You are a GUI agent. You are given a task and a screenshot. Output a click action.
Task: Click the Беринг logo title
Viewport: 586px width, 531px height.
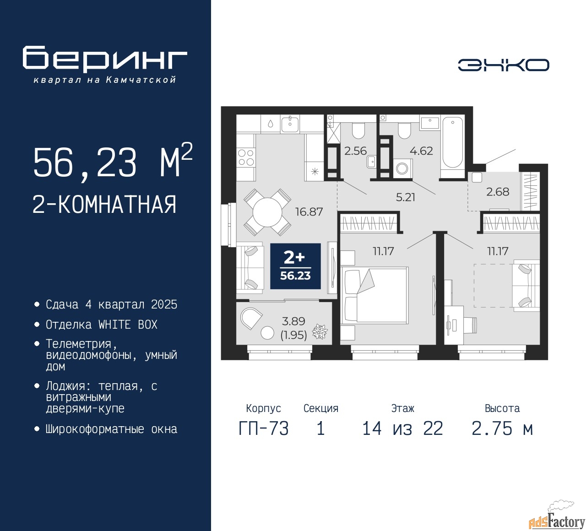tap(104, 59)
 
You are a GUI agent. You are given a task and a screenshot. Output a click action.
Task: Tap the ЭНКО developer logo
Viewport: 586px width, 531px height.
tap(503, 65)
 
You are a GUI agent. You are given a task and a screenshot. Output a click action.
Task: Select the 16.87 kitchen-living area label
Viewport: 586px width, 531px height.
tap(309, 211)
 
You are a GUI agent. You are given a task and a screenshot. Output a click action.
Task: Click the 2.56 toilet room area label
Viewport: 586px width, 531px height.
tap(355, 151)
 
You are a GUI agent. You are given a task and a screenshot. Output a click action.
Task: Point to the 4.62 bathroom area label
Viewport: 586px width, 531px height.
tap(421, 151)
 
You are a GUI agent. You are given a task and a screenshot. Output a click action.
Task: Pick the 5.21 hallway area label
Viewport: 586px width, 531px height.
tap(406, 197)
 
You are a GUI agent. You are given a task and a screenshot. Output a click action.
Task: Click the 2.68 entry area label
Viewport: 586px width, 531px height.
tap(498, 192)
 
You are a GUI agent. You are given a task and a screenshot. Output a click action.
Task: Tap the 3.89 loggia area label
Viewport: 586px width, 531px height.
tap(293, 321)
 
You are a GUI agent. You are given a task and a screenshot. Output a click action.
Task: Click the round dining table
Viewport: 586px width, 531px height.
tap(267, 212)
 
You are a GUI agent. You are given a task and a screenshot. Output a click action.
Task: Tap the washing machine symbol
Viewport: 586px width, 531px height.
tap(402, 168)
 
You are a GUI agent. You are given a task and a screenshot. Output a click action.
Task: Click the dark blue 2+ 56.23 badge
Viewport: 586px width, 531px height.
tap(295, 266)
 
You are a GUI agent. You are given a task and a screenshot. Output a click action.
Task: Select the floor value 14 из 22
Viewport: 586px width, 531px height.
tap(402, 429)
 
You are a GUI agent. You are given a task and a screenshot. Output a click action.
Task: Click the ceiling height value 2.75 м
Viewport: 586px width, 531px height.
tap(502, 429)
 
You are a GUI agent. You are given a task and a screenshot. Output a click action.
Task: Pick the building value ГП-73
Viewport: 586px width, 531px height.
tap(264, 429)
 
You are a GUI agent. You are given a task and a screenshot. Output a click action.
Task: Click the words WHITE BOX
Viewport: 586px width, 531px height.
tap(128, 325)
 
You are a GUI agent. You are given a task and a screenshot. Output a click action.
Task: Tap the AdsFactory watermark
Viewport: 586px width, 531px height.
tap(557, 520)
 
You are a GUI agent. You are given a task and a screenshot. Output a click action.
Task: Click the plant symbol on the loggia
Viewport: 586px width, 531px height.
tap(320, 332)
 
